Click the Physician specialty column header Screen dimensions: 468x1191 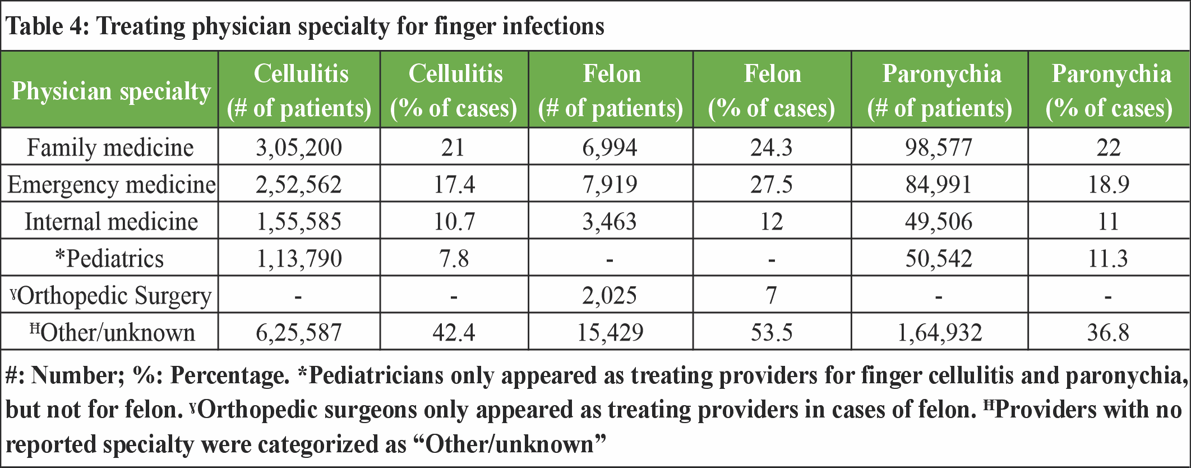click(x=110, y=91)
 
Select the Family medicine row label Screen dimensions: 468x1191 click(x=110, y=148)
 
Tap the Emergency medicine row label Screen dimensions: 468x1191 click(x=111, y=185)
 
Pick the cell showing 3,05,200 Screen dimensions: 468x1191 click(x=299, y=148)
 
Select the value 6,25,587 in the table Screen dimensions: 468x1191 click(x=299, y=333)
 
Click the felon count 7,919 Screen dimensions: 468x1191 click(x=610, y=185)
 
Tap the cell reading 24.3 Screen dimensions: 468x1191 click(x=772, y=148)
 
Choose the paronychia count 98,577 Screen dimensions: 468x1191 click(x=939, y=148)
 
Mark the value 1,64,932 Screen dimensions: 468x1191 click(x=940, y=333)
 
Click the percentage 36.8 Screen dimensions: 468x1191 click(x=1108, y=333)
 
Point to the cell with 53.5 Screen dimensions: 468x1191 click(x=772, y=333)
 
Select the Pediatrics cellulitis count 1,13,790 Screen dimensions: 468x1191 click(x=299, y=259)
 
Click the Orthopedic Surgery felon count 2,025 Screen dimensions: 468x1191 click(x=610, y=296)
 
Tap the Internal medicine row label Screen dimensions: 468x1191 click(x=111, y=222)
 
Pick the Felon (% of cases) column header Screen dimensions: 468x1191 click(x=772, y=91)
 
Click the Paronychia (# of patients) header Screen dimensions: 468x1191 click(x=940, y=91)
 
